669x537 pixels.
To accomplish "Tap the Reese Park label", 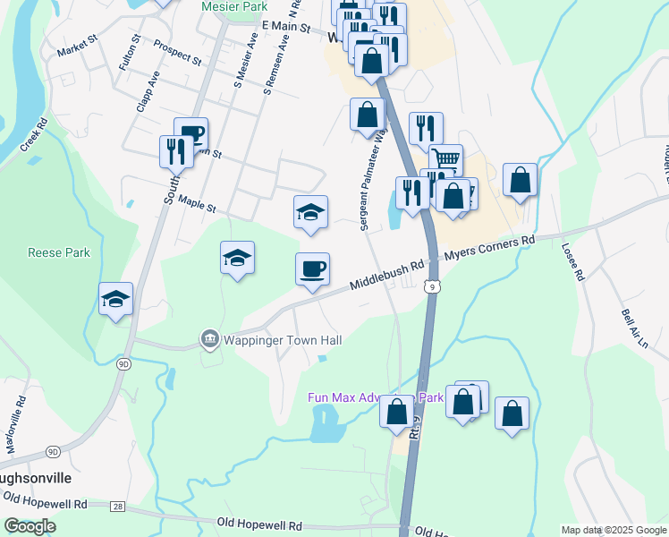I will tap(59, 253).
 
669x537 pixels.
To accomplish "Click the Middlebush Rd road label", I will tap(386, 274).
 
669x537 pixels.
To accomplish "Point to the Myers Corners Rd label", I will tap(490, 247).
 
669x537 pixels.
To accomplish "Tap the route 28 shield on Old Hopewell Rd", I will tap(118, 507).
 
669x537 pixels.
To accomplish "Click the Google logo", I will tap(30, 526).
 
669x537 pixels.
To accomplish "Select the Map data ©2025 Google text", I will tap(613, 530).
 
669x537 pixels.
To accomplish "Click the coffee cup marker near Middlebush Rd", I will tap(312, 268).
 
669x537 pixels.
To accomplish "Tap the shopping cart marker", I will tap(445, 160).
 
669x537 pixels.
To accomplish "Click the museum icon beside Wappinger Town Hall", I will tap(209, 339).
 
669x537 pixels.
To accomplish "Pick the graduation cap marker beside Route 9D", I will tap(116, 299).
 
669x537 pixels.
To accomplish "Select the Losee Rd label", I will tap(572, 263).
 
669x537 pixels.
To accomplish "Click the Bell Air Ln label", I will tap(632, 330).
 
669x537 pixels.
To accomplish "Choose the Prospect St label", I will tap(177, 53).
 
